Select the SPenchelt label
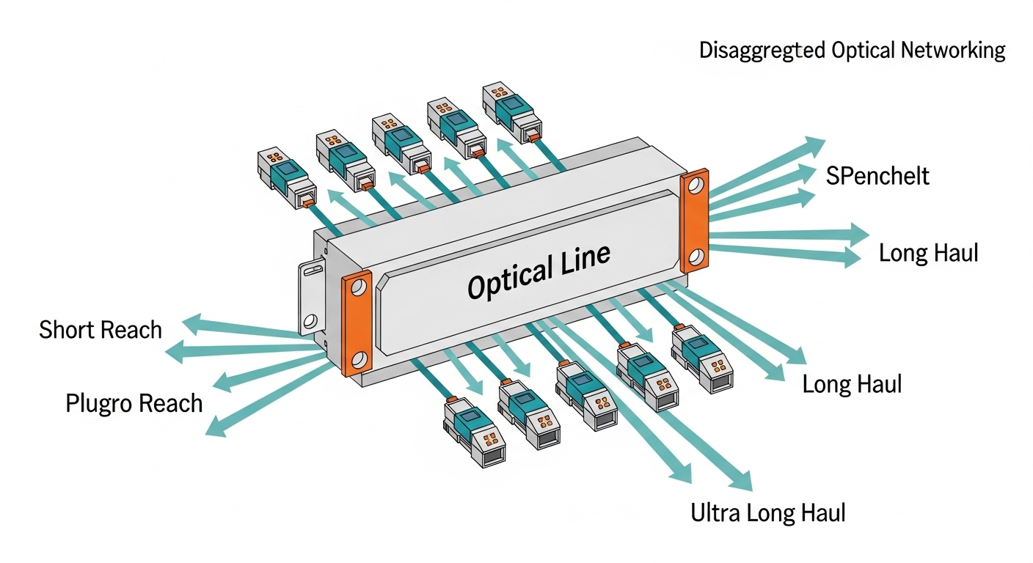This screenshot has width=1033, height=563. tap(877, 176)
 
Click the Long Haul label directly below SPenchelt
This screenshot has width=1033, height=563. tap(928, 254)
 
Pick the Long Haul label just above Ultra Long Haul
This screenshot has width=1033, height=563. tap(852, 384)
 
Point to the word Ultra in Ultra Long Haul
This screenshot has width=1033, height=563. tap(716, 512)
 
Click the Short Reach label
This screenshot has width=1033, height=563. tap(101, 330)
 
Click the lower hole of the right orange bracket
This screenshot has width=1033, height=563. tap(697, 257)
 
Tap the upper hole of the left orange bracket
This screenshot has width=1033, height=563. tap(357, 288)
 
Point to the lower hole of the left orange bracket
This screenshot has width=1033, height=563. tap(359, 359)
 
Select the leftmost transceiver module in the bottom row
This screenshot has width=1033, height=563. tap(472, 433)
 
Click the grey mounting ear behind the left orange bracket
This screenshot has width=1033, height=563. tap(312, 301)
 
